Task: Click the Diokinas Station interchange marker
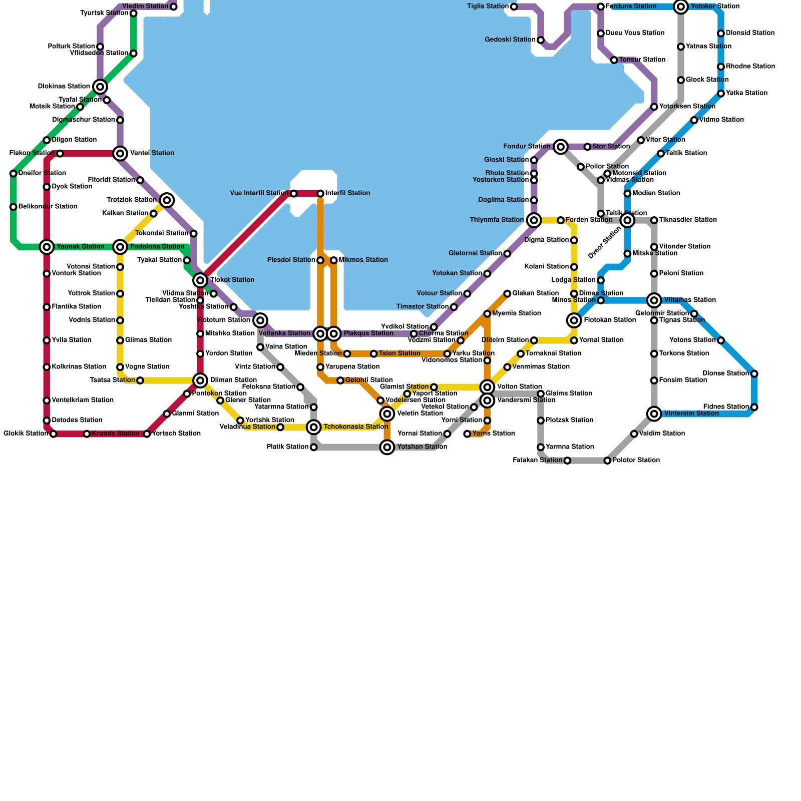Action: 100,87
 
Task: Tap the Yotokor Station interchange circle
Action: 680,7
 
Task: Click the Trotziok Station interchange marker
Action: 167,200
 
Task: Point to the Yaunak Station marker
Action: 47,247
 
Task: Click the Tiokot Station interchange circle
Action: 200,280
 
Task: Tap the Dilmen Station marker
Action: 200,380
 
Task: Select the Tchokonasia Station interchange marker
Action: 314,427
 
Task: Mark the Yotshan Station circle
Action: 387,447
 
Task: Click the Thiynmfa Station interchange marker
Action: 534,220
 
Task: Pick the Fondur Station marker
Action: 561,147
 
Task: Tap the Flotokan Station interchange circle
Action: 574,320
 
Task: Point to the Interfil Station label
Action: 347,193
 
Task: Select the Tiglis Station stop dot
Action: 514,7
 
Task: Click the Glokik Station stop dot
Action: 54,434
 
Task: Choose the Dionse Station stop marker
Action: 754,373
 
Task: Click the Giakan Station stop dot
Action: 507,293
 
